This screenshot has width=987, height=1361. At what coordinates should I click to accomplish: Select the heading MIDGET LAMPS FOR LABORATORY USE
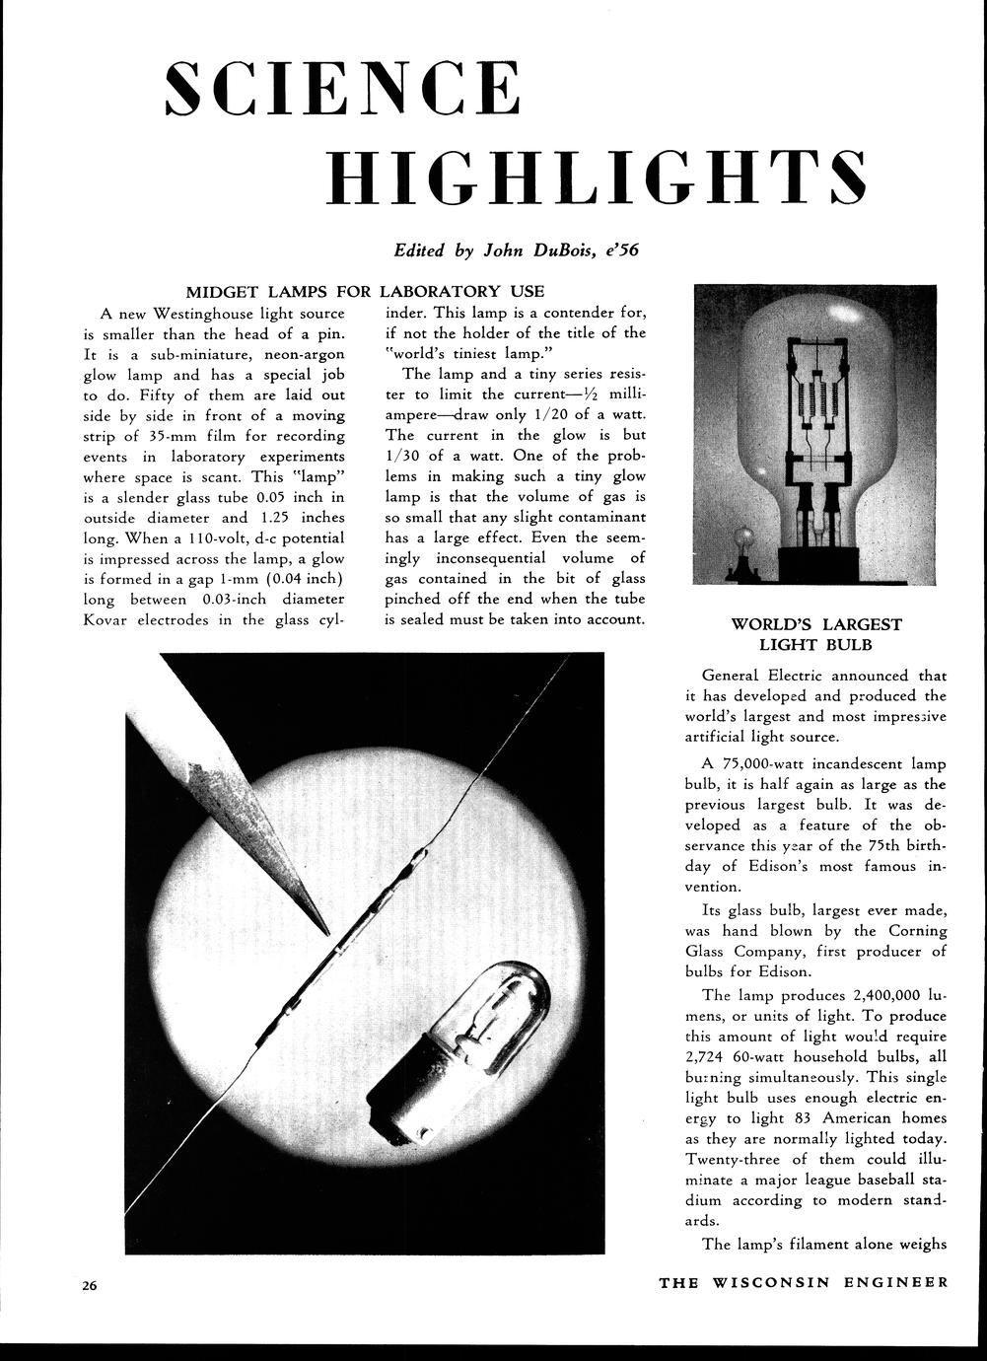(365, 291)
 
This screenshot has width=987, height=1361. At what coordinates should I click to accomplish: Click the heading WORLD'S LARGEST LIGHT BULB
(815, 634)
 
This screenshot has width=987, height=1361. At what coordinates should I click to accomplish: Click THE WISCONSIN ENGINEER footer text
(803, 1282)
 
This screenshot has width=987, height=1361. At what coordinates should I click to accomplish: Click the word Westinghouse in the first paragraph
(205, 314)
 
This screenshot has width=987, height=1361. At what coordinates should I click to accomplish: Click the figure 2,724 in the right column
(706, 1057)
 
